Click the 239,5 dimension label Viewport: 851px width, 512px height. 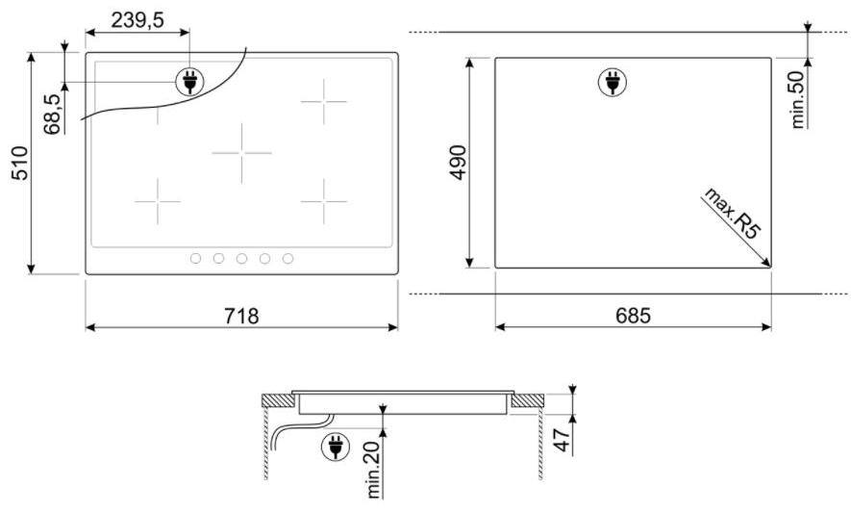click(x=138, y=20)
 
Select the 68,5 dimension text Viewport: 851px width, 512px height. click(x=53, y=114)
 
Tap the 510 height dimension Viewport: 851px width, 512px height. click(x=20, y=163)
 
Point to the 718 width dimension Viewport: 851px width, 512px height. click(x=241, y=316)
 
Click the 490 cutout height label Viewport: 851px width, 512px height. click(x=459, y=163)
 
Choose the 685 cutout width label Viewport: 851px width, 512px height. click(x=633, y=316)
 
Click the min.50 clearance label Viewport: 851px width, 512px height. click(x=798, y=99)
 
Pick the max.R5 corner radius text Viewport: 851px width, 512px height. click(x=733, y=213)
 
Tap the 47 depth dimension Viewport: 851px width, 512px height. click(x=563, y=439)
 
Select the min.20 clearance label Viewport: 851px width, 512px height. click(x=374, y=470)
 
